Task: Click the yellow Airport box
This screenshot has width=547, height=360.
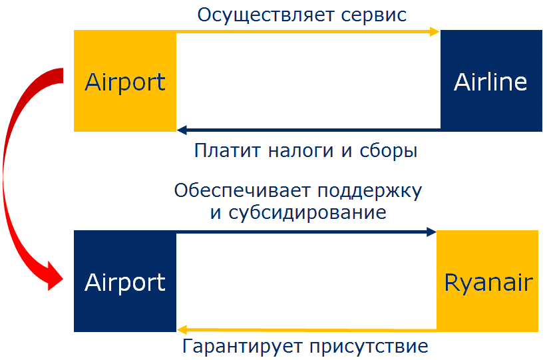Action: click(125, 81)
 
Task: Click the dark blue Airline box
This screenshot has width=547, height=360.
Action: click(491, 81)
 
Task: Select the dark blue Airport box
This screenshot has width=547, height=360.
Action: click(125, 281)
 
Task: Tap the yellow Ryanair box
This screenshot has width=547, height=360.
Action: click(487, 281)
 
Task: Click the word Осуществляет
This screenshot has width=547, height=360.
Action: click(267, 16)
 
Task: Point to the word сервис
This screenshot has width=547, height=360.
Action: click(373, 16)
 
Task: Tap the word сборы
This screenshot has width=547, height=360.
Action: click(388, 151)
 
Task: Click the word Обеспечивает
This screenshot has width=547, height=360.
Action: click(242, 191)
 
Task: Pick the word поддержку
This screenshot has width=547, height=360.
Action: click(370, 192)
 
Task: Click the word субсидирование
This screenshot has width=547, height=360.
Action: click(307, 212)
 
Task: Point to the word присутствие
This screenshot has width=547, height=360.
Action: click(369, 347)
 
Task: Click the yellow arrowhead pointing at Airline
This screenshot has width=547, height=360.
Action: click(435, 32)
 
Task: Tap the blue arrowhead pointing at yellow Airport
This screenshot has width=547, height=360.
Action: click(182, 130)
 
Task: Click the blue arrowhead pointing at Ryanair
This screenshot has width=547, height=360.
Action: click(431, 232)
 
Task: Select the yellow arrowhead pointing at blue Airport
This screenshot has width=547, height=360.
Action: click(182, 329)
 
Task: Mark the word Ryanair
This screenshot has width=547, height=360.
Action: click(488, 282)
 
